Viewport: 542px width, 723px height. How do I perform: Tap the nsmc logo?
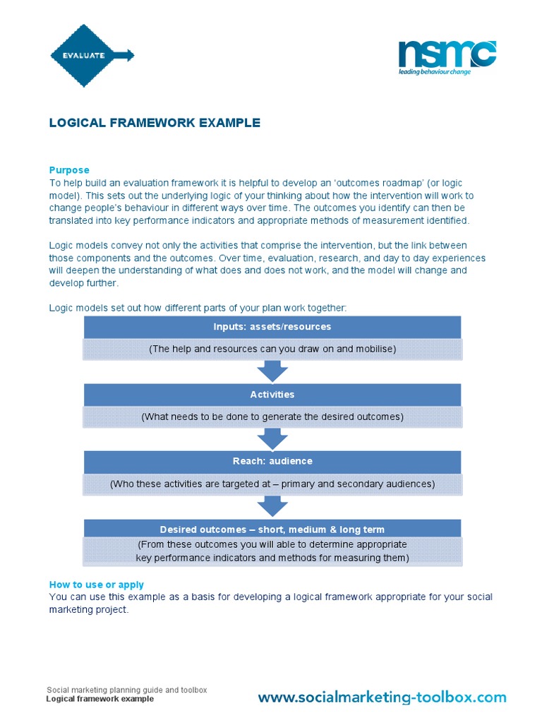click(447, 54)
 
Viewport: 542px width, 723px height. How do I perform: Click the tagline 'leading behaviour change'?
click(435, 71)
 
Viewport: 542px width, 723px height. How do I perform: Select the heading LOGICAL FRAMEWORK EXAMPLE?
click(155, 123)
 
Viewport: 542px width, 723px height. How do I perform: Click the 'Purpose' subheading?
click(69, 169)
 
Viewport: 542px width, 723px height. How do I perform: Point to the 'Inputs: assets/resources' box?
click(272, 327)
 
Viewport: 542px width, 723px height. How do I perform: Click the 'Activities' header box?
click(272, 395)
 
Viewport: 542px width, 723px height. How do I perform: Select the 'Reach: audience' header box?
click(272, 461)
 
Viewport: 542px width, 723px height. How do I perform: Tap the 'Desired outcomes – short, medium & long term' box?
click(272, 529)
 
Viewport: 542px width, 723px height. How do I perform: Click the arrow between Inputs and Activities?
click(272, 371)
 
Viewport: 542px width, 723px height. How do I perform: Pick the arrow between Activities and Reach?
click(272, 438)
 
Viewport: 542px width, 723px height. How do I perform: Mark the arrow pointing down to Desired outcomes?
click(272, 506)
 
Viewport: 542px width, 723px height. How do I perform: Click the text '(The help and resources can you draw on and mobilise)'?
click(272, 349)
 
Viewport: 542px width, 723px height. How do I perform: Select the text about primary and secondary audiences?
click(272, 484)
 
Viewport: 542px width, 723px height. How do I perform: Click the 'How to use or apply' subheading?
click(96, 585)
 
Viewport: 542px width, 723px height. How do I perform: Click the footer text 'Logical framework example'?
click(100, 699)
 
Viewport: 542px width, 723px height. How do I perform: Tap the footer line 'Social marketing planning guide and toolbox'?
click(126, 690)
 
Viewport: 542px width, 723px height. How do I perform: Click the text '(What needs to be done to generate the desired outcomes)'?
click(272, 417)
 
